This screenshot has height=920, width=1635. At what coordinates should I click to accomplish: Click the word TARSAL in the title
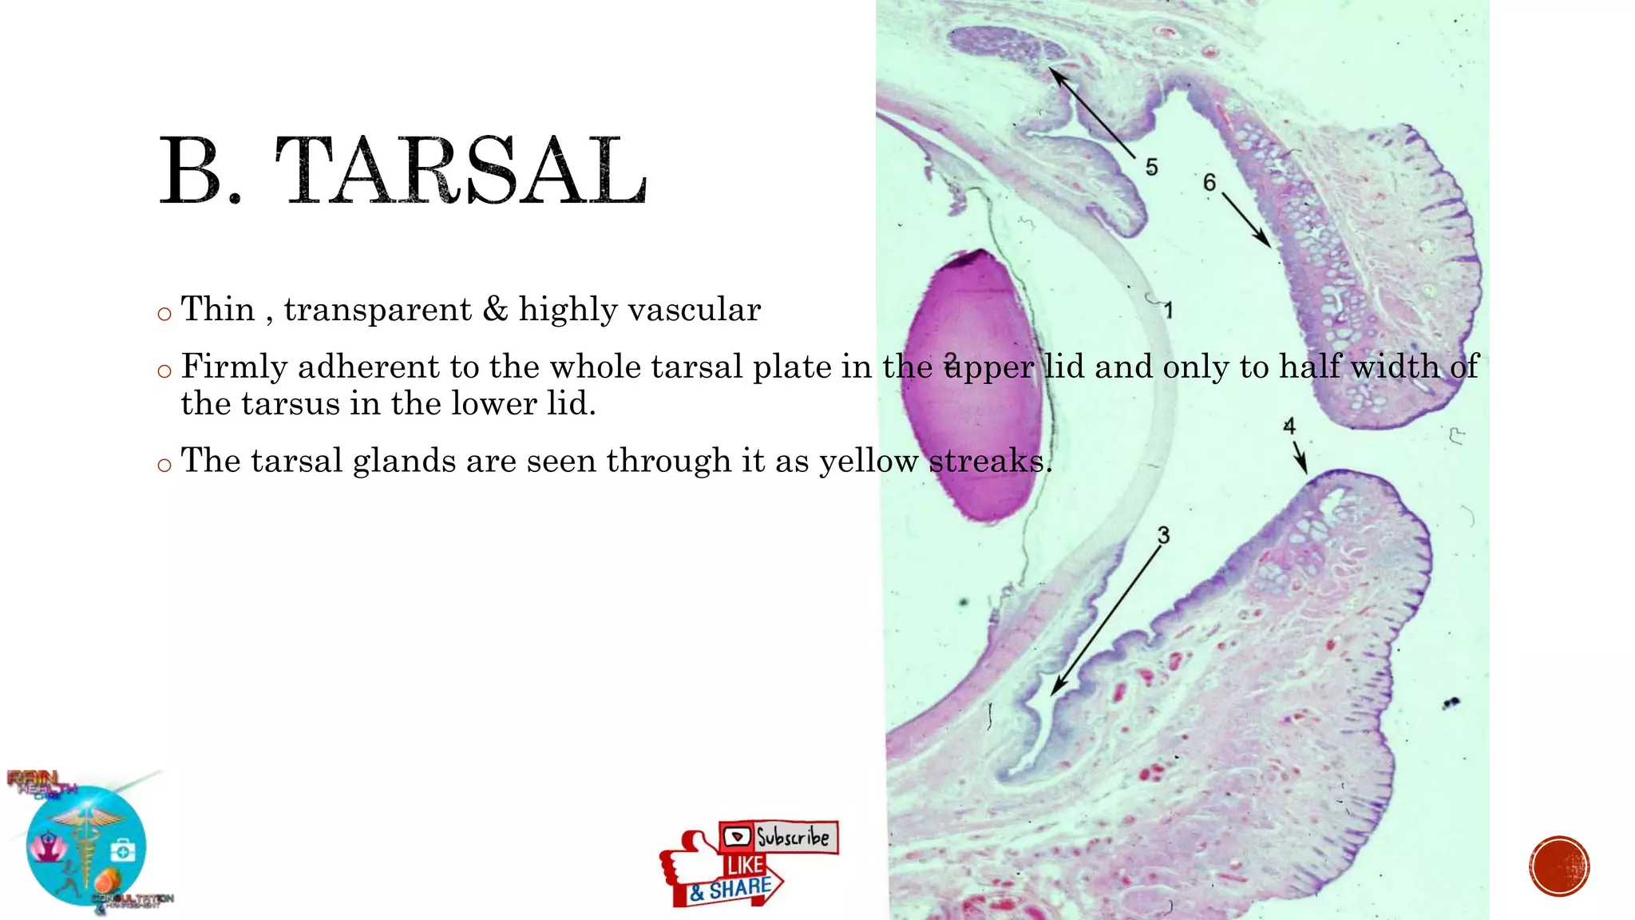pos(461,170)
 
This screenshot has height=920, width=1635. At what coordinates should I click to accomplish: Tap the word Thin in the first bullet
pos(218,309)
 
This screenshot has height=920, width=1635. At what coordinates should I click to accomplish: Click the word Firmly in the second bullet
pos(234,367)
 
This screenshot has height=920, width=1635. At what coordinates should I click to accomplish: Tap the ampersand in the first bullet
pos(495,309)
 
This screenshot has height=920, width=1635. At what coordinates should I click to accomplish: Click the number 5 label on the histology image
pos(1151,167)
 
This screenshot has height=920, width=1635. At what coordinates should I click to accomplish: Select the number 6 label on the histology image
pos(1209,183)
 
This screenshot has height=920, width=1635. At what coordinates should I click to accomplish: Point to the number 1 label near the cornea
pos(1168,310)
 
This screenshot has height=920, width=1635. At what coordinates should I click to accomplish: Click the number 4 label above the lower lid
pos(1289,426)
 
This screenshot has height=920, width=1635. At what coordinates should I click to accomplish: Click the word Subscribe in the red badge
pos(792,837)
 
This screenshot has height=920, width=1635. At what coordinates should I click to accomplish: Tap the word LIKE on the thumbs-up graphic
pos(745,866)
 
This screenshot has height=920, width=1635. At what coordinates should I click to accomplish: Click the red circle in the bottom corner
pos(1559,866)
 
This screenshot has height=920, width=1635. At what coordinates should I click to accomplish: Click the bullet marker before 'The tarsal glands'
pos(164,465)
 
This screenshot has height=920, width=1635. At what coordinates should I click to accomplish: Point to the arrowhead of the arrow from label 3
pos(1055,691)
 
